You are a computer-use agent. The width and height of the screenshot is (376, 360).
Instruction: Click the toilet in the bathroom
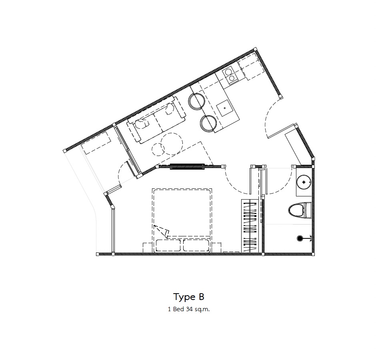300,210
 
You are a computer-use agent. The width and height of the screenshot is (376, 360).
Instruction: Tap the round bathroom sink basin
304,182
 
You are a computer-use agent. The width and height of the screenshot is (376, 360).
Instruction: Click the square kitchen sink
224,108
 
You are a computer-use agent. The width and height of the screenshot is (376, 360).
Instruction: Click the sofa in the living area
156,119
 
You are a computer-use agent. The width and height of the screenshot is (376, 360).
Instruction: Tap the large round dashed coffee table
172,144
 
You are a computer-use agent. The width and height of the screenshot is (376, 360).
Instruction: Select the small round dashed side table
158,150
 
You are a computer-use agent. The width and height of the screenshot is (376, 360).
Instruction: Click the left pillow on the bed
168,245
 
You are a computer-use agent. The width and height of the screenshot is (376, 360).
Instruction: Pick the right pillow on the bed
196,245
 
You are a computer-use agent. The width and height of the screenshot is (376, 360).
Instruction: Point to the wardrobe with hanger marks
250,226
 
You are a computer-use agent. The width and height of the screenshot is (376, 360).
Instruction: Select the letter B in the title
201,296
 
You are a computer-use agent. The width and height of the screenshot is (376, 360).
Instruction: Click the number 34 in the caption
189,309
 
